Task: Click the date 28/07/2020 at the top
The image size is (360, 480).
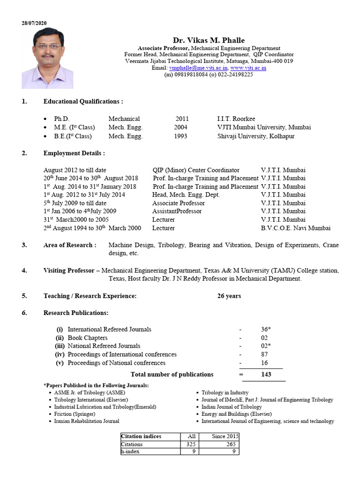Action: tap(34, 23)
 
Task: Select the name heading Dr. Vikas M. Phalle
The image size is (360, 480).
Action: tap(209, 40)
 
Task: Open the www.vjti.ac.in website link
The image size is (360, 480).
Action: tap(248, 68)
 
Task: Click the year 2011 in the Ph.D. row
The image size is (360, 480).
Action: tap(182, 119)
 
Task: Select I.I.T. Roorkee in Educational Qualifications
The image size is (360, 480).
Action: tap(236, 119)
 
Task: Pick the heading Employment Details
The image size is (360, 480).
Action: tap(74, 153)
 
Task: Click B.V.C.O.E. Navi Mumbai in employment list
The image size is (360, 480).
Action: tap(295, 228)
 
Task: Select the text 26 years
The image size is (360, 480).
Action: tap(229, 296)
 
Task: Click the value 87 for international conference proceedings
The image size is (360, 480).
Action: tap(265, 354)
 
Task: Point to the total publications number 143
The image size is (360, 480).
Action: tap(266, 375)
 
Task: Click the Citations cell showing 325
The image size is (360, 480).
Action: tap(189, 444)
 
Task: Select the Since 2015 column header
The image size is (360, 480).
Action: tap(225, 436)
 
